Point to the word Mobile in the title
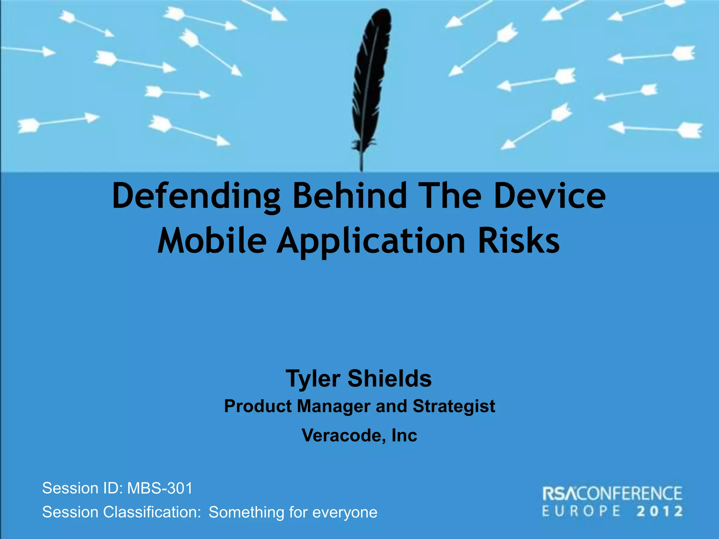pyautogui.click(x=212, y=241)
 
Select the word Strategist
pyautogui.click(x=454, y=406)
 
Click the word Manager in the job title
pyautogui.click(x=334, y=406)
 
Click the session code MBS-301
pyautogui.click(x=160, y=488)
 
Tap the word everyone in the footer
pyautogui.click(x=345, y=512)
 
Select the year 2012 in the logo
pyautogui.click(x=659, y=511)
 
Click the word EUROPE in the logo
pyautogui.click(x=581, y=511)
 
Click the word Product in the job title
pyautogui.click(x=258, y=406)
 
